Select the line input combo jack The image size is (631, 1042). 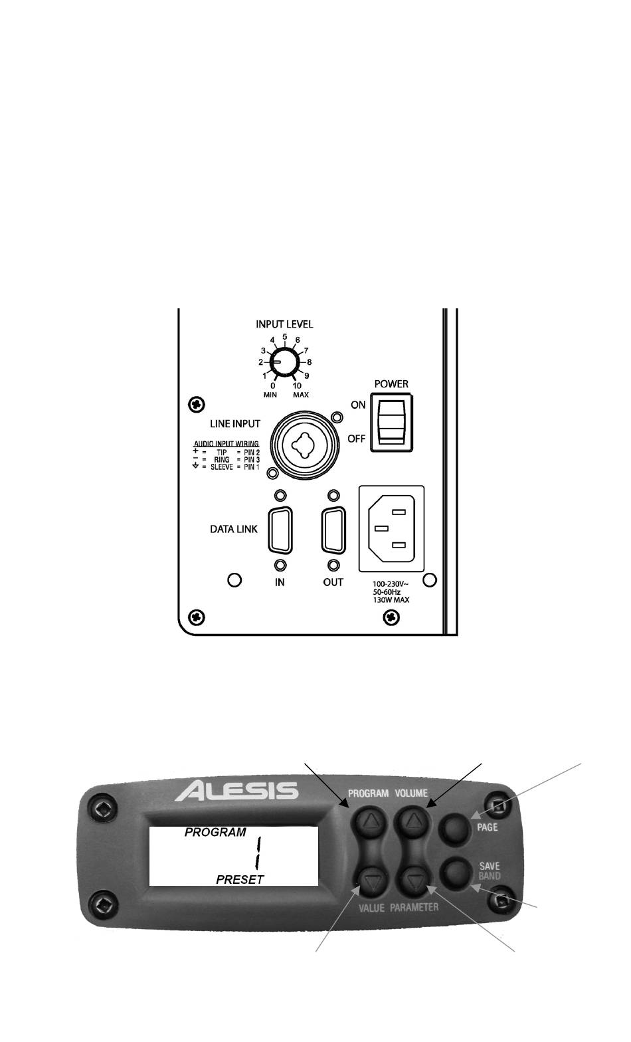coord(302,445)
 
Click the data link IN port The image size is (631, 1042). coord(280,530)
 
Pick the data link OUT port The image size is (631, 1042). coord(333,530)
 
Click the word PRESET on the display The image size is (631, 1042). coord(240,879)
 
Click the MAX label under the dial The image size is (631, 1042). coord(300,395)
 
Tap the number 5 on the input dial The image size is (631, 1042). coord(285,336)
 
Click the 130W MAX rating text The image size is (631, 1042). coord(391,599)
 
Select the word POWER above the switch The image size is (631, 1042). coord(391,383)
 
